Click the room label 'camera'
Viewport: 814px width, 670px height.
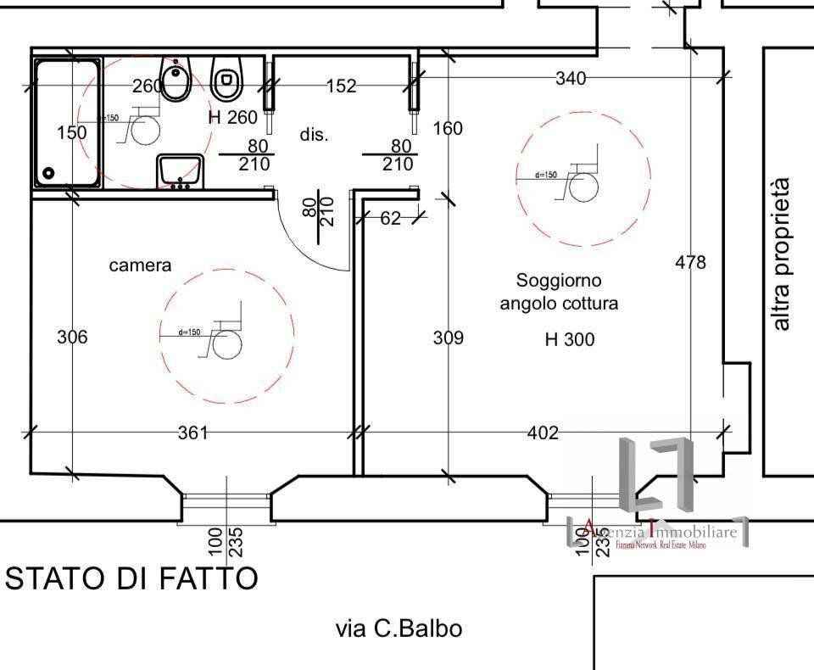click(140, 265)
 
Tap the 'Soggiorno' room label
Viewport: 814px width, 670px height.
click(559, 280)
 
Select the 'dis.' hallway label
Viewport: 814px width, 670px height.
click(314, 135)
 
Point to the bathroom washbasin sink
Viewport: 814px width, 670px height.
click(180, 170)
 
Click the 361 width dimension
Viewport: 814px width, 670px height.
click(192, 433)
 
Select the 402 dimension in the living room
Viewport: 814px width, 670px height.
click(543, 433)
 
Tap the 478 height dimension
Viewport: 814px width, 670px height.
click(690, 263)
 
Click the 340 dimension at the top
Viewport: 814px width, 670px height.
click(570, 79)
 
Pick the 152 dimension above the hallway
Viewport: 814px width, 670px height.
click(341, 86)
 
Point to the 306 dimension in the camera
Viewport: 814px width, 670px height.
click(72, 337)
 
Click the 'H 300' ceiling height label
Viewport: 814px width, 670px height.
click(569, 340)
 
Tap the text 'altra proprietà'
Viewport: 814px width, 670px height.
click(781, 254)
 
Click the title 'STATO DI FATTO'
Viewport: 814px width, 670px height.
click(131, 578)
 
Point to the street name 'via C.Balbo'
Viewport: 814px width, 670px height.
click(399, 628)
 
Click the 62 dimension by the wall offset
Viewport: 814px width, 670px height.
click(390, 219)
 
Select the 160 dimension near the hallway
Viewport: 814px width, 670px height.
click(448, 128)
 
